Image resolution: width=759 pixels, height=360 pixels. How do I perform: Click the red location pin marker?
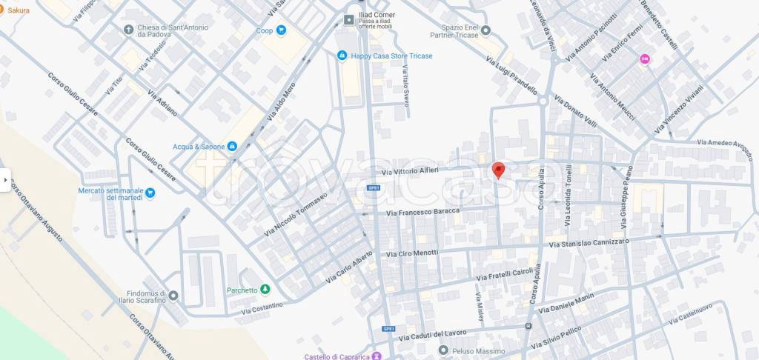point(499,170)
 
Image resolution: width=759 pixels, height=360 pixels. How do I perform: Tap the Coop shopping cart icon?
point(281,30)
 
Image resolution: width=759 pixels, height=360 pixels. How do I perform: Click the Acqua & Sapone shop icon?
point(232,147)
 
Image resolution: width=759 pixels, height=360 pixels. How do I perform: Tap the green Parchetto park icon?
point(265,290)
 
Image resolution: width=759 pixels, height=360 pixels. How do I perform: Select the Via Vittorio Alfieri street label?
point(410,171)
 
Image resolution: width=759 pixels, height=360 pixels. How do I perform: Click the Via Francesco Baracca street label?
point(423,212)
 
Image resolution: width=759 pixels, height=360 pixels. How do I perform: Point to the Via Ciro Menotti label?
point(413,253)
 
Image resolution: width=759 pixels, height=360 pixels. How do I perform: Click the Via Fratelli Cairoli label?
point(506,275)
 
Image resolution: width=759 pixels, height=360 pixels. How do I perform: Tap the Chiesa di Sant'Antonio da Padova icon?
point(129,30)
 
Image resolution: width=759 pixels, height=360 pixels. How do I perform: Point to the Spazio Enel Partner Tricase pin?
point(486,30)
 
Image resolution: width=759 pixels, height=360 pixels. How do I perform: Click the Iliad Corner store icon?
point(348,19)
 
